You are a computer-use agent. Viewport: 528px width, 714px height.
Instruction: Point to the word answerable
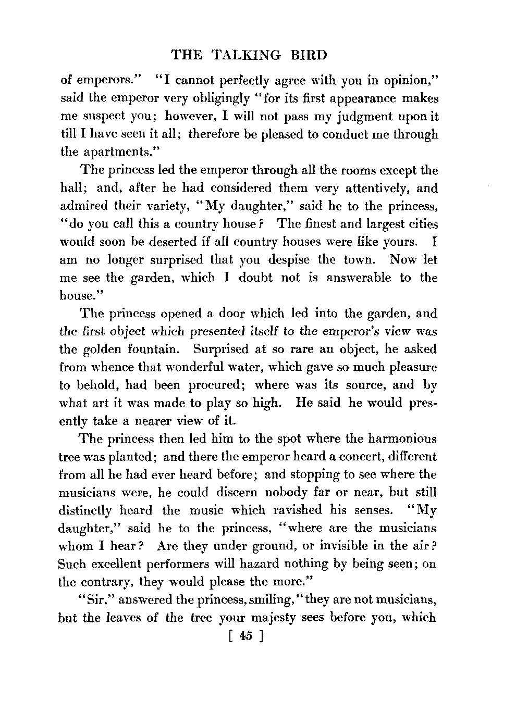(358, 278)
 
